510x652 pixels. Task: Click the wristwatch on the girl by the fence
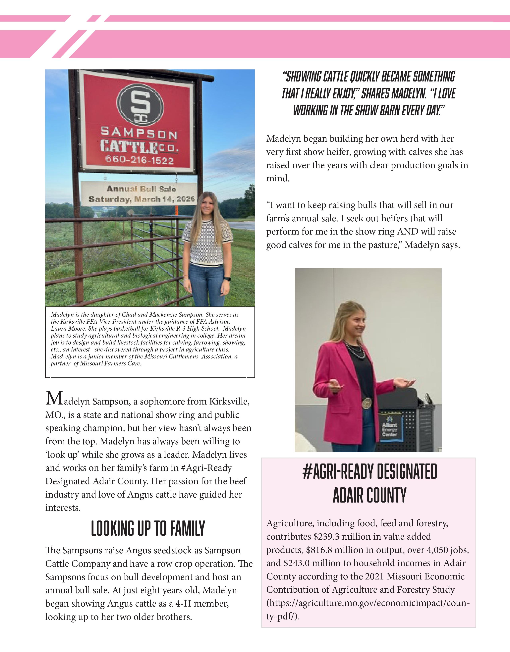tap(228, 279)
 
